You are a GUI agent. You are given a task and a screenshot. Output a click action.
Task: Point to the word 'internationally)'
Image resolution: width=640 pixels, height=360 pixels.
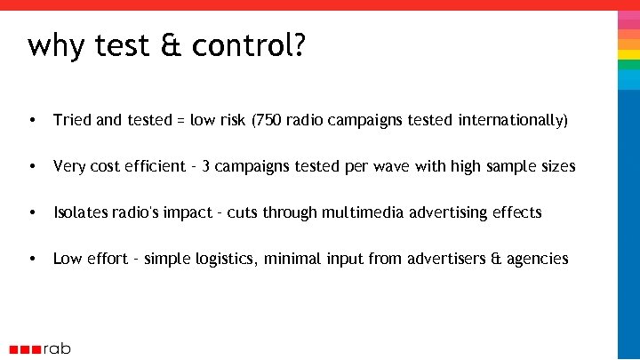pos(513,120)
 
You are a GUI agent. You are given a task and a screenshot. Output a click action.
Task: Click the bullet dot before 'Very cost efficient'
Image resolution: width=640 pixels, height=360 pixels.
pos(32,166)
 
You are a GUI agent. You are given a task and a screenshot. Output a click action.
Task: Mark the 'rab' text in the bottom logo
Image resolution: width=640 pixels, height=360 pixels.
pos(57,348)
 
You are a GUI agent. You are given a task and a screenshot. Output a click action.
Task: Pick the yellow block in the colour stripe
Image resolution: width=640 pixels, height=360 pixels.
pos(628,55)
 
